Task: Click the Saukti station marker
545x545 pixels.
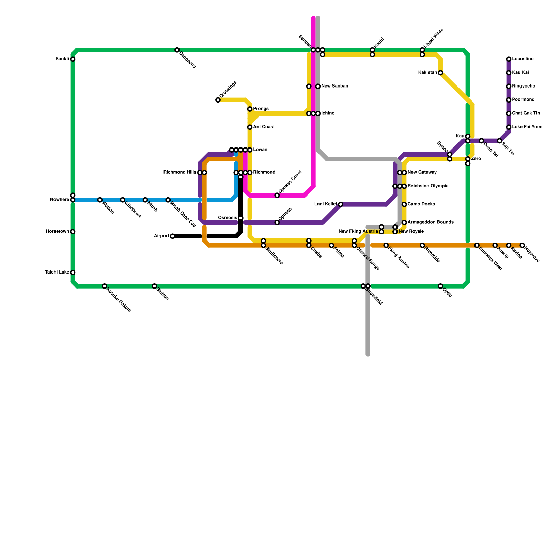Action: coord(73,59)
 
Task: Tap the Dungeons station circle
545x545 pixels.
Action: coord(177,50)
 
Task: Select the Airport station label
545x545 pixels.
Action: coord(161,236)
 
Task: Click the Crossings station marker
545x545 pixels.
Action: coord(218,100)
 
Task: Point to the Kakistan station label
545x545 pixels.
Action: coord(427,73)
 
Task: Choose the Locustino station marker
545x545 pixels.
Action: coord(509,59)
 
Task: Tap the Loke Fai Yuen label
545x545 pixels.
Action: coord(527,127)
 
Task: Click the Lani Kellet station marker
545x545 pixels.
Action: coord(341,204)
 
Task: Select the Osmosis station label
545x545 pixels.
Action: coord(227,218)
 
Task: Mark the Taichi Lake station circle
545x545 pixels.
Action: coord(73,272)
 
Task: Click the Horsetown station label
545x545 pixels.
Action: coord(57,232)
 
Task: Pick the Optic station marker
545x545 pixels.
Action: coord(440,286)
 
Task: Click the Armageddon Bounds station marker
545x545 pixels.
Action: coord(404,223)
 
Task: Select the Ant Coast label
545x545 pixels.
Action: coord(264,127)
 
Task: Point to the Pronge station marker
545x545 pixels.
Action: coord(250,109)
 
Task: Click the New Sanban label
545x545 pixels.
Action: coord(334,86)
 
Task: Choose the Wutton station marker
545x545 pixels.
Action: coord(100,200)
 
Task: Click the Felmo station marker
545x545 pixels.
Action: coord(331,245)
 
